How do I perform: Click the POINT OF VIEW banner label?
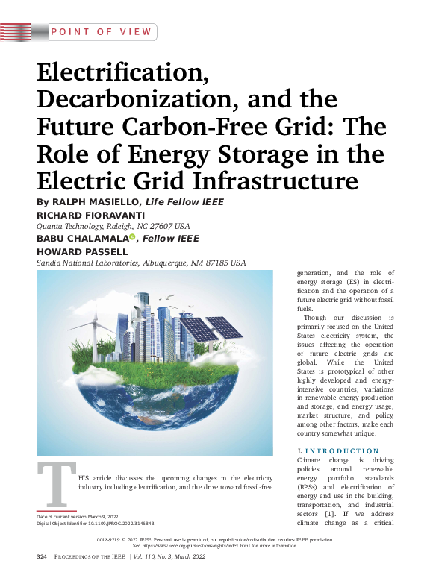[103, 32]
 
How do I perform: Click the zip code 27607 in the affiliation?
[161, 225]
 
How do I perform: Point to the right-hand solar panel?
[224, 327]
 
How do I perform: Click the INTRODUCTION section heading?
[342, 451]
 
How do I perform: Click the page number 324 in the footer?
[42, 557]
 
